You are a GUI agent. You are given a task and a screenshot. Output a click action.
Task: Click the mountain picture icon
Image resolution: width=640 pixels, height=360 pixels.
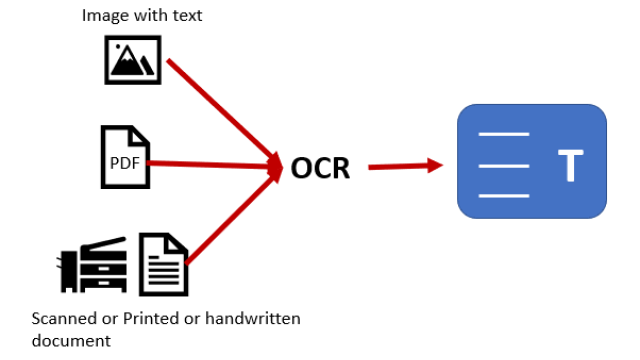click(133, 60)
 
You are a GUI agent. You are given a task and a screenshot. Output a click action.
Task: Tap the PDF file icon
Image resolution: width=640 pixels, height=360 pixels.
click(125, 157)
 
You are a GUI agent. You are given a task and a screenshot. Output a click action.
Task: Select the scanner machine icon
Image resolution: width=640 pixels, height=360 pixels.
click(91, 264)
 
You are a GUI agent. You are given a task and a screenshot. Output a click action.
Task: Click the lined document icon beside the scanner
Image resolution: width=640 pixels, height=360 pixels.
click(163, 264)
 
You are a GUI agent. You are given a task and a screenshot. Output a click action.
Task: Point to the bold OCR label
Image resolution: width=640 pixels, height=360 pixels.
click(320, 168)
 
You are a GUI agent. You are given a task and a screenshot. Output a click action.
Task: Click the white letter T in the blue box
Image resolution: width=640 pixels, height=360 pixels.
click(571, 165)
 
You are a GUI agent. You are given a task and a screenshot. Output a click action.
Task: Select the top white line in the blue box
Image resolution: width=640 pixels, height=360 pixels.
click(504, 134)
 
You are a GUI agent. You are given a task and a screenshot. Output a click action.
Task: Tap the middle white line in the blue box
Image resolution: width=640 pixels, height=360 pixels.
click(504, 166)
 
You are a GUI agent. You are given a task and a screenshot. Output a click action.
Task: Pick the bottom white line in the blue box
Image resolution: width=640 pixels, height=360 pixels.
click(504, 196)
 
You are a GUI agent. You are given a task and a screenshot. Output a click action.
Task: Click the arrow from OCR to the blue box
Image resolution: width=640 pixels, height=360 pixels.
click(406, 166)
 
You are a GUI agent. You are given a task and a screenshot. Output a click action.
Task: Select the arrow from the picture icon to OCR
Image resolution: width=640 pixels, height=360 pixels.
click(224, 113)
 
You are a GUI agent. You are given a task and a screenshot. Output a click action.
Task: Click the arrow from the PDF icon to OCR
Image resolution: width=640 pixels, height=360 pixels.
click(214, 164)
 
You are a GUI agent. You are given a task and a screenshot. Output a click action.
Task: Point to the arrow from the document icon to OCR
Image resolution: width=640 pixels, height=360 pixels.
click(233, 215)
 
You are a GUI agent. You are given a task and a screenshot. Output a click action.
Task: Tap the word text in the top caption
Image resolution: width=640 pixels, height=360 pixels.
click(187, 16)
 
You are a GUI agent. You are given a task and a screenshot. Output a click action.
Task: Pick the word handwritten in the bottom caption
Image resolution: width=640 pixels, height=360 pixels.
click(253, 318)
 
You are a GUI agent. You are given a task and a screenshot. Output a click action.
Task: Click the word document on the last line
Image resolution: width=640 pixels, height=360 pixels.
click(71, 340)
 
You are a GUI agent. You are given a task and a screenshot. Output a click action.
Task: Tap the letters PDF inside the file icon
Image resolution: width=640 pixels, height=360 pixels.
click(125, 163)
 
